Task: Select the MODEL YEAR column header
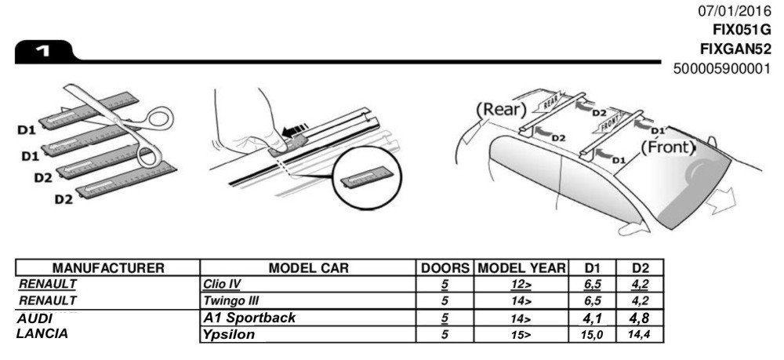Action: (521, 268)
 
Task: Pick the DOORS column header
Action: (445, 268)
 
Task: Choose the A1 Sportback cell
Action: (249, 318)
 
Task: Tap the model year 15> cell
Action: (521, 334)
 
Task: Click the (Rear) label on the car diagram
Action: (499, 107)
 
